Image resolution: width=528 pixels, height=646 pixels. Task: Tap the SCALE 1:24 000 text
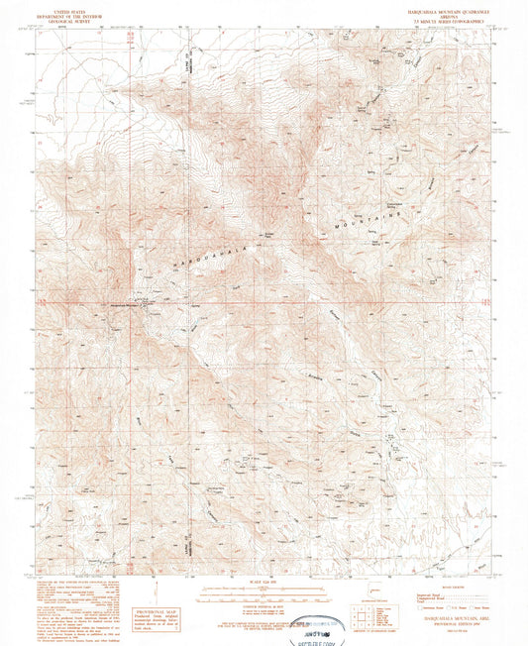pyautogui.click(x=264, y=581)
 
